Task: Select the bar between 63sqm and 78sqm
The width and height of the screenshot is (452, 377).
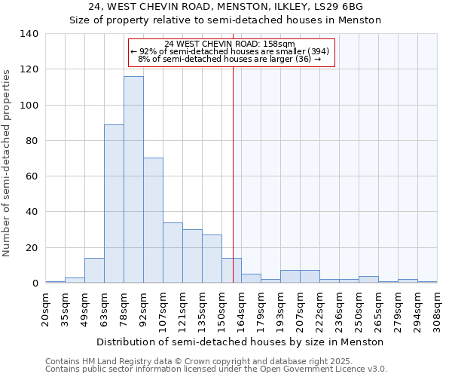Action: click(x=114, y=204)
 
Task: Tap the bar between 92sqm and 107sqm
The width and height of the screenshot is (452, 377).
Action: click(x=153, y=220)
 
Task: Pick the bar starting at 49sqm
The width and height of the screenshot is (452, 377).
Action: click(x=94, y=271)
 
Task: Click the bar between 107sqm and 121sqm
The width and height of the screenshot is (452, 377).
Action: click(x=173, y=253)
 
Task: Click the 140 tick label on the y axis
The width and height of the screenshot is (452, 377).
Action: click(x=29, y=34)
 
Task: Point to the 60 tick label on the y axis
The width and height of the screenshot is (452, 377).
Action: click(x=32, y=176)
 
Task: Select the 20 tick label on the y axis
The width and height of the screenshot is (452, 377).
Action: click(x=32, y=248)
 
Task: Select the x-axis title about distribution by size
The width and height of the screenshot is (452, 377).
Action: click(x=241, y=342)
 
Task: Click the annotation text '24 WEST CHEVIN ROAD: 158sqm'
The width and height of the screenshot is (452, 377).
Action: click(x=230, y=44)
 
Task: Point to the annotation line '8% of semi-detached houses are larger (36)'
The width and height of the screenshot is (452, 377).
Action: click(x=230, y=59)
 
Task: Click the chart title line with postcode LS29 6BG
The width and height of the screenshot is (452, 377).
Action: click(x=226, y=7)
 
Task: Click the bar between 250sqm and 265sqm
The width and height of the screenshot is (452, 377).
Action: click(x=368, y=279)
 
